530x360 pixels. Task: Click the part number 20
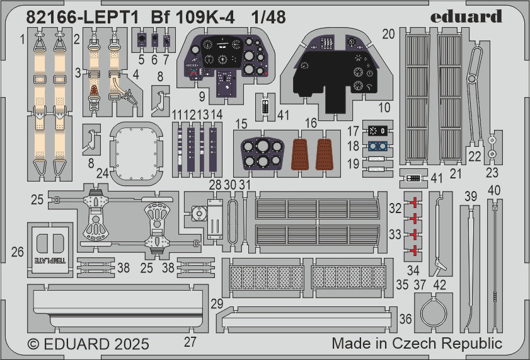click(388, 33)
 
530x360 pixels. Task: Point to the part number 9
click(201, 97)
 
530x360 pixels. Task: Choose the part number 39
click(470, 196)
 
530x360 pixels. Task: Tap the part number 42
click(440, 286)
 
